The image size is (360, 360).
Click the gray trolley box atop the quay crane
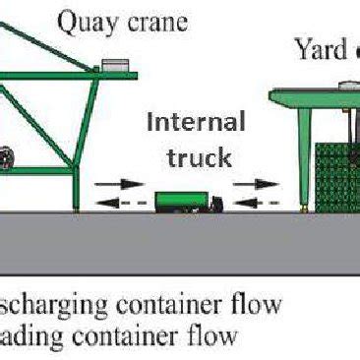point(118,65)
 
